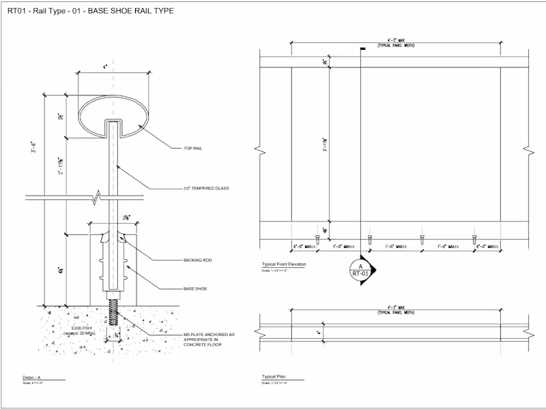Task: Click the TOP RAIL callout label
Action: coord(193,148)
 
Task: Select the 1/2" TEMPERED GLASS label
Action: coord(206,189)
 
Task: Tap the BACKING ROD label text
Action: coord(197,260)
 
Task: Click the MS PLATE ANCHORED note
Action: coord(209,339)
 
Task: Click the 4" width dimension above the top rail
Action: coord(105,67)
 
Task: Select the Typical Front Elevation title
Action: coord(284,264)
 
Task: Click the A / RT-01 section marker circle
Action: coord(360,270)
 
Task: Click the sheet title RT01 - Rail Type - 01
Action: coord(90,11)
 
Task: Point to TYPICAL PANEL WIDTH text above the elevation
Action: coord(396,45)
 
